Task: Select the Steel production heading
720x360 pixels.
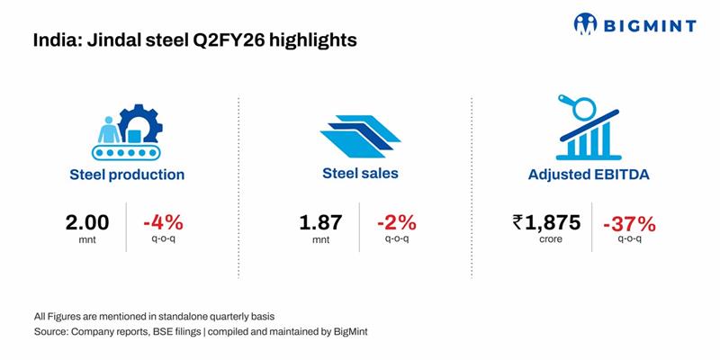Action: (x=127, y=175)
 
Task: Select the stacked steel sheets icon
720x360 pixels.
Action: (x=359, y=134)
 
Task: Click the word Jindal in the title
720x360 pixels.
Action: (x=107, y=40)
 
